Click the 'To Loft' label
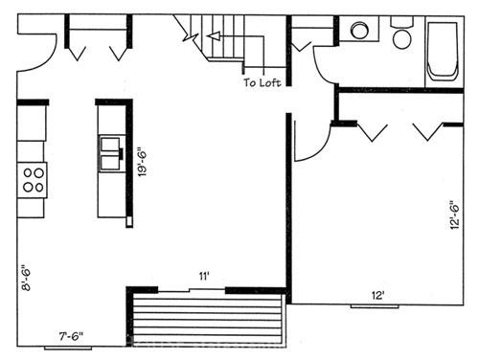pyautogui.click(x=262, y=82)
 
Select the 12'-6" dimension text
pyautogui.click(x=454, y=214)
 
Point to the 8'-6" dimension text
pyautogui.click(x=26, y=278)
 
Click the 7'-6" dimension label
pyautogui.click(x=72, y=336)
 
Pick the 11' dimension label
pyautogui.click(x=204, y=276)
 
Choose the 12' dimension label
pyautogui.click(x=377, y=296)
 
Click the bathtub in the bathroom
pyautogui.click(x=443, y=51)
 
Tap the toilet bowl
pyautogui.click(x=402, y=39)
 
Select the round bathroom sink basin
pyautogui.click(x=359, y=31)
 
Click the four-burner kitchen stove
pyautogui.click(x=32, y=180)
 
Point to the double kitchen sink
pyautogui.click(x=111, y=153)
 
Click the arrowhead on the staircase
pyautogui.click(x=214, y=36)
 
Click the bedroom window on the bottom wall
pyautogui.click(x=375, y=306)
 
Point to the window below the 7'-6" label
pyautogui.click(x=68, y=349)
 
